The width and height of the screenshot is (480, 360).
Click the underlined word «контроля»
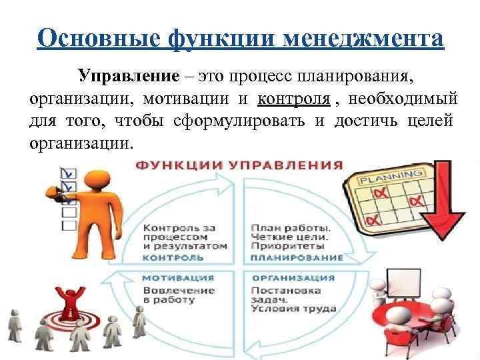tap(293, 100)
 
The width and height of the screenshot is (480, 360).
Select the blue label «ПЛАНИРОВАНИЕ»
tap(297, 257)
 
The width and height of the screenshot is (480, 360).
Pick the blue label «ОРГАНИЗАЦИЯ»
tap(293, 277)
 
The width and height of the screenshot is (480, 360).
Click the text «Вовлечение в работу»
tap(179, 295)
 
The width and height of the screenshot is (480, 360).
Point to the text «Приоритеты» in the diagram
tap(281, 245)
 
